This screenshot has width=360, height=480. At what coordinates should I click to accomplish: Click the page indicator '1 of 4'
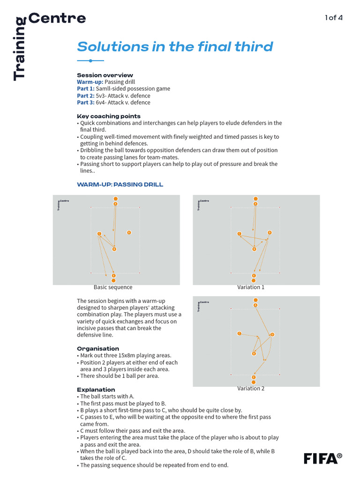pyautogui.click(x=334, y=18)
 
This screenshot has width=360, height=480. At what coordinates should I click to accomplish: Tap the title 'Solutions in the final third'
pyautogui.click(x=175, y=47)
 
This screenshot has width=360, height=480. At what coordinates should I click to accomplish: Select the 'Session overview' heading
pyautogui.click(x=105, y=75)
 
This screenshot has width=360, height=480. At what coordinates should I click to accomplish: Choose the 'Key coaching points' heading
pyautogui.click(x=108, y=116)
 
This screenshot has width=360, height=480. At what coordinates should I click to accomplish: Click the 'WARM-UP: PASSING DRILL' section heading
pyautogui.click(x=120, y=185)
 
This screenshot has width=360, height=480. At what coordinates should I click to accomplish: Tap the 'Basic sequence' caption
pyautogui.click(x=113, y=287)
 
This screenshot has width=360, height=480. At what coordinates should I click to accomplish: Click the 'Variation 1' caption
pyautogui.click(x=251, y=287)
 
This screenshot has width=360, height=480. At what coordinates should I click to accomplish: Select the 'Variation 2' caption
pyautogui.click(x=251, y=389)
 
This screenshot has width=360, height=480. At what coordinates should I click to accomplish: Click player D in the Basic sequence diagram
pyautogui.click(x=129, y=232)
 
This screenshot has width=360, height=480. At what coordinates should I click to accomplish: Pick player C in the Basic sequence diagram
pyautogui.click(x=99, y=233)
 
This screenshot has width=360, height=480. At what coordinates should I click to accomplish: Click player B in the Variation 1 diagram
pyautogui.click(x=254, y=249)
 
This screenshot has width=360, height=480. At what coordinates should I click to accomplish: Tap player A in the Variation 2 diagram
pyautogui.click(x=255, y=305)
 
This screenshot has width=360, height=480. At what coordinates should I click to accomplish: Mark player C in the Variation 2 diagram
pyautogui.click(x=240, y=334)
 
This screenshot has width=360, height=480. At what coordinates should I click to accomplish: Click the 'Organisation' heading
pyautogui.click(x=97, y=349)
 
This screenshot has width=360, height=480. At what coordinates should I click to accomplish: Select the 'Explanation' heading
pyautogui.click(x=96, y=390)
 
